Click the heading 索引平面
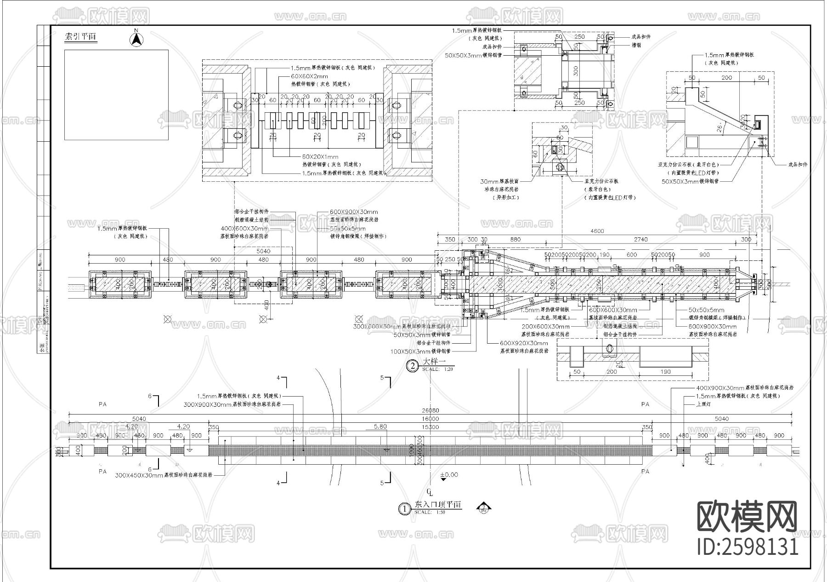[81, 37]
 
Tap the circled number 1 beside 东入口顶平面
[404, 509]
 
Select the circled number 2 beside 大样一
[413, 366]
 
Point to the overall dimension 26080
[430, 410]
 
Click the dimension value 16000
[430, 419]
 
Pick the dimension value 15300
[430, 427]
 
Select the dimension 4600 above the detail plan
[597, 231]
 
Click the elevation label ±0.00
[449, 475]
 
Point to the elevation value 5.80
[380, 426]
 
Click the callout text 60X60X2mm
[309, 76]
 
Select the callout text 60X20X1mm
[320, 157]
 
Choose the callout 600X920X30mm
[524, 343]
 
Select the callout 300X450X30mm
[139, 475]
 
